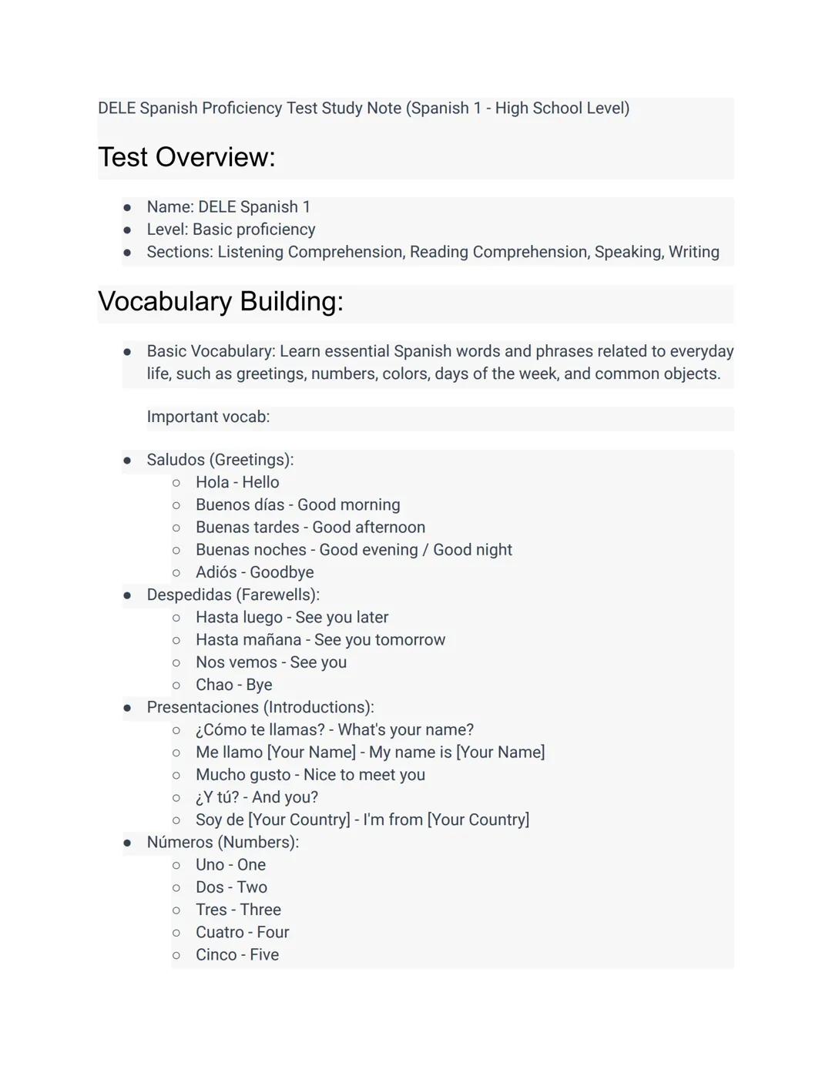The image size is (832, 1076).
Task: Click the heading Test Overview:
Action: (186, 157)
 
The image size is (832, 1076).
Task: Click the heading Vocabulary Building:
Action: (220, 301)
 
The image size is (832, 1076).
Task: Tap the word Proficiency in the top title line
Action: (242, 108)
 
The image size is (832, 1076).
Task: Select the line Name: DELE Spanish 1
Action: (228, 207)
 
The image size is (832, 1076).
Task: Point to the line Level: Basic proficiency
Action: (230, 230)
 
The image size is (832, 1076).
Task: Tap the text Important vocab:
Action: (208, 417)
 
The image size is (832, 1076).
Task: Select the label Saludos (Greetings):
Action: (220, 460)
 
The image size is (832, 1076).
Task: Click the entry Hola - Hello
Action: (237, 482)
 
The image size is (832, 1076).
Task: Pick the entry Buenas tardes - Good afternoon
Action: (310, 528)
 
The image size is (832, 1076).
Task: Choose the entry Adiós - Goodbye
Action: (254, 572)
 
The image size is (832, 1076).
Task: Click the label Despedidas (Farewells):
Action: (233, 595)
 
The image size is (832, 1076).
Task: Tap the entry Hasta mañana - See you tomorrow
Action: (320, 640)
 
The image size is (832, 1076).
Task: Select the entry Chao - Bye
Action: (233, 685)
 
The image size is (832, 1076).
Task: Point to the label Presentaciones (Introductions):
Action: (260, 707)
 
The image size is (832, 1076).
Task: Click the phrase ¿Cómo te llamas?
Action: (260, 729)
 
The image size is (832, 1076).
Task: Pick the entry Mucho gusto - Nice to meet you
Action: (310, 775)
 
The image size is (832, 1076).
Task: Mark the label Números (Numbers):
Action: (223, 842)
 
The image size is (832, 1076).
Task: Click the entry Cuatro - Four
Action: (242, 932)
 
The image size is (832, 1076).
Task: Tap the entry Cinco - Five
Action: (237, 954)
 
